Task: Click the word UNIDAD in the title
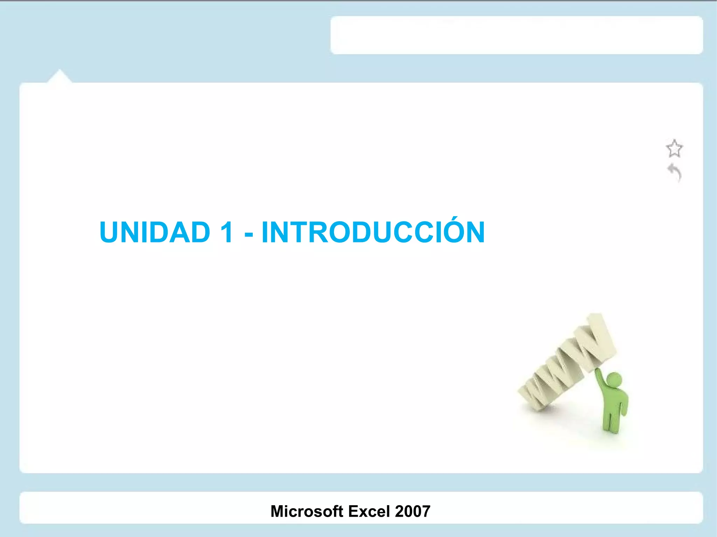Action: tap(155, 232)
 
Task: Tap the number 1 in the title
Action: tap(227, 232)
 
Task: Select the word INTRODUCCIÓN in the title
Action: tap(373, 232)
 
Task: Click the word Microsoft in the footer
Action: tap(307, 511)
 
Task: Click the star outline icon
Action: tap(674, 149)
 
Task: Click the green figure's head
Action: tap(614, 380)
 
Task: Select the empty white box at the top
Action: tap(516, 35)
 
